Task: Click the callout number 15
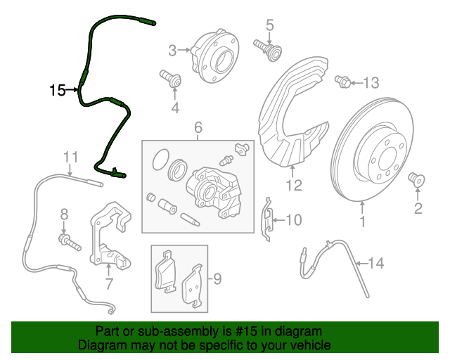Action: pos(58,90)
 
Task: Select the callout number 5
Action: pos(269,26)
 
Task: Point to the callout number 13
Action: pos(371,83)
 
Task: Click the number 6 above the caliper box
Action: pos(198,127)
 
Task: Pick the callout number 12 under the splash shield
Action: pos(294,186)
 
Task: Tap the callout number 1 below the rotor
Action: pos(363,223)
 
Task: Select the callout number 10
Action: pos(293,221)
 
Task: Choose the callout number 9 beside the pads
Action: pos(217,280)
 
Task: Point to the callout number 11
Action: pos(69,156)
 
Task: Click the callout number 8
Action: pos(63,214)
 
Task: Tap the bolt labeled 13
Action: pos(344,82)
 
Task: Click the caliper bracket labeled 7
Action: pos(107,236)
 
